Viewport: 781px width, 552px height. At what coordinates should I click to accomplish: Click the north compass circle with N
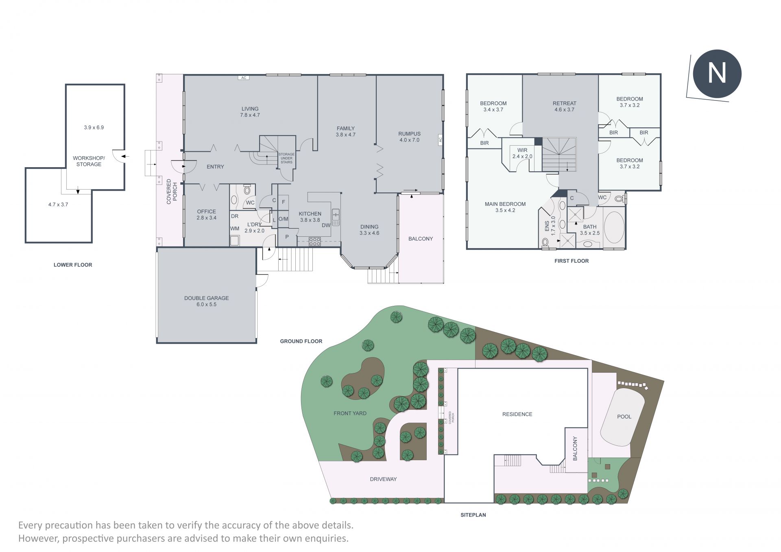click(717, 74)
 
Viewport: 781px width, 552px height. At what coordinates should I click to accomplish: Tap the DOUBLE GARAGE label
click(206, 298)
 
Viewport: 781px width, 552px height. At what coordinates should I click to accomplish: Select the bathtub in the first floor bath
click(614, 227)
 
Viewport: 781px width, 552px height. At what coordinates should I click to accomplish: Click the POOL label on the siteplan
click(624, 417)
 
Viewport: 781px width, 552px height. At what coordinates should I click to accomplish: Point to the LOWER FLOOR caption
click(73, 265)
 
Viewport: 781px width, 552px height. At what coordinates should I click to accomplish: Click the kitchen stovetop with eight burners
click(315, 241)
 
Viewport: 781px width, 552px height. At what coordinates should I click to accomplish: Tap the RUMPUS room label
click(409, 134)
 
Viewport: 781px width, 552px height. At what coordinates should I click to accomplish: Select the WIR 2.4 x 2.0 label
click(522, 153)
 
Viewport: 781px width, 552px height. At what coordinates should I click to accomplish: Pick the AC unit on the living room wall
click(244, 78)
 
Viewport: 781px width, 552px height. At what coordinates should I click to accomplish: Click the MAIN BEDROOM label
click(505, 204)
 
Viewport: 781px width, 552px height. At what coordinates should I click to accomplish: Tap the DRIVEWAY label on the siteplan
click(383, 479)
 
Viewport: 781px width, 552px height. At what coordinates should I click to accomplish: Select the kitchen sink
click(336, 217)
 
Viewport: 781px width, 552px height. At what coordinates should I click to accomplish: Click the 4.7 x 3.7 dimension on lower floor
click(58, 205)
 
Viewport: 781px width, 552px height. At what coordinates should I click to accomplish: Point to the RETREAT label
click(564, 103)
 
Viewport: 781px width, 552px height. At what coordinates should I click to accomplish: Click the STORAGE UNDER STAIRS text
click(286, 158)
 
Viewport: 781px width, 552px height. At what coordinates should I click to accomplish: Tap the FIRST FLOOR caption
click(572, 261)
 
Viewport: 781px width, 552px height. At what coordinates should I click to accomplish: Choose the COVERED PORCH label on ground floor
click(172, 191)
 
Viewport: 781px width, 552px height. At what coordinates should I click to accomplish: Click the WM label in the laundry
click(235, 229)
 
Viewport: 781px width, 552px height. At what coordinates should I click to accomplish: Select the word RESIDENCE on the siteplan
click(517, 414)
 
